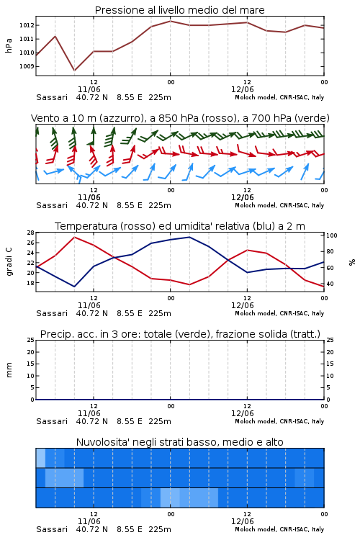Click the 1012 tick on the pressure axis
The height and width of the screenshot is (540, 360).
click(x=26, y=25)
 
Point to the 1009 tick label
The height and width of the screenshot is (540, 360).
click(x=26, y=66)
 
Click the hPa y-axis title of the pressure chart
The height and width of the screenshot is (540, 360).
click(x=9, y=45)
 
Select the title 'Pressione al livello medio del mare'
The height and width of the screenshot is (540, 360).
click(x=180, y=10)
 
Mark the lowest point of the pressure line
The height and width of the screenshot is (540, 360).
click(x=74, y=71)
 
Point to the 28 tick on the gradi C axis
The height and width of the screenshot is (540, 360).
click(x=31, y=233)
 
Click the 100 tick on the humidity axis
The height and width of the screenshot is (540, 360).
click(x=332, y=235)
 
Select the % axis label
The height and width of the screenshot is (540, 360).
click(x=352, y=262)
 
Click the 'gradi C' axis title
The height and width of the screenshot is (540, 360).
click(x=9, y=261)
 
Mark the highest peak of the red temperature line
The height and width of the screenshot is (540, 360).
click(x=74, y=238)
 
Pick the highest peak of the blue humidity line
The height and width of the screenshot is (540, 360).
click(x=189, y=237)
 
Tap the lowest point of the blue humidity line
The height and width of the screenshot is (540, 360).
click(x=74, y=287)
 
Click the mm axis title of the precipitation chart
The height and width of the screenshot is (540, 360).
click(x=9, y=370)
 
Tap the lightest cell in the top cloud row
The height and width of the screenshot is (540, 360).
click(x=40, y=458)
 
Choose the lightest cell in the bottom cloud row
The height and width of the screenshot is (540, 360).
click(x=170, y=498)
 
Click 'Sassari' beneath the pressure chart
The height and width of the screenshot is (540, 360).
click(x=52, y=97)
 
